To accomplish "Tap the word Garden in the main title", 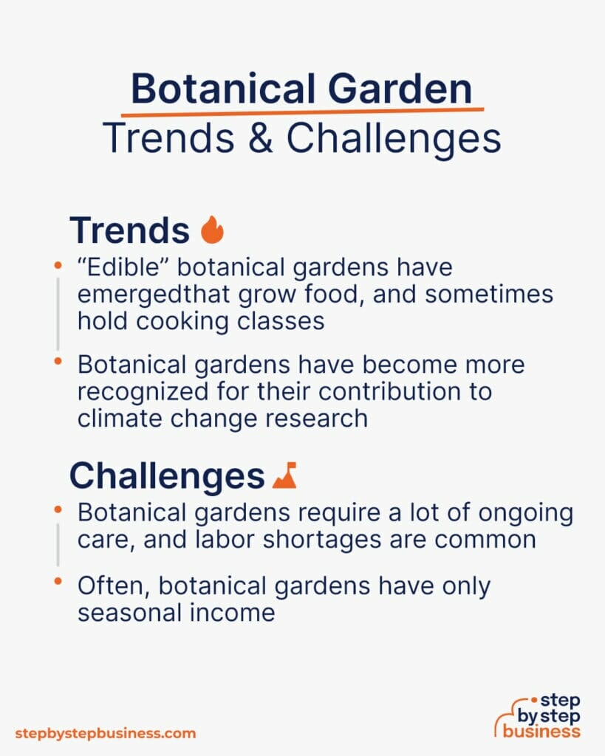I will (x=403, y=89).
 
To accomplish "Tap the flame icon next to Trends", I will (x=212, y=230).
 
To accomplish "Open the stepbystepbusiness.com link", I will (x=106, y=733).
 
